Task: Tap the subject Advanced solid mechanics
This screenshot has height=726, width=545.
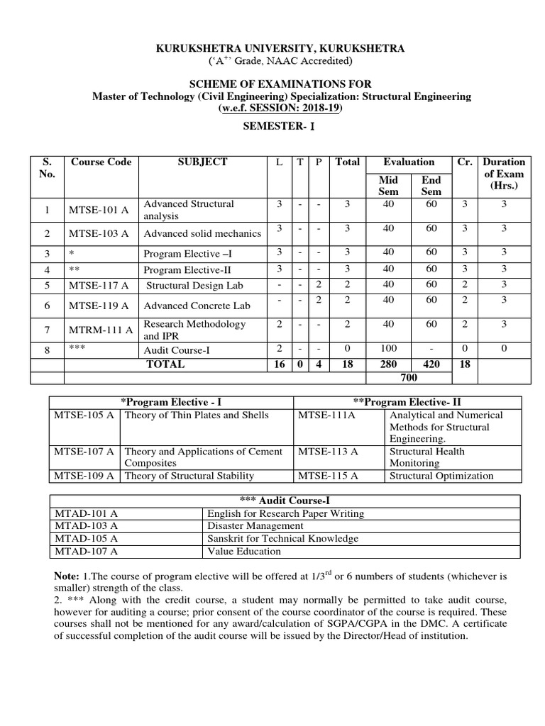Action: tap(193, 234)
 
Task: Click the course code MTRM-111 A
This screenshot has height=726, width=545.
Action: tap(99, 330)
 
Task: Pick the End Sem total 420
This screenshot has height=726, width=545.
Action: tap(431, 364)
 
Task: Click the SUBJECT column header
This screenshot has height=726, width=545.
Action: tap(202, 162)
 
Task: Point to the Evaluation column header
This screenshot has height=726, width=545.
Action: tap(409, 162)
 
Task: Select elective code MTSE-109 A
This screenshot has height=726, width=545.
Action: tap(84, 476)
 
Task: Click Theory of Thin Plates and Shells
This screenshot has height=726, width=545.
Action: tap(197, 415)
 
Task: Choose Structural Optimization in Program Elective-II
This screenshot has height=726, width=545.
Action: tap(441, 476)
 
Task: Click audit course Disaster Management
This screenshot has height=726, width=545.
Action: tap(255, 526)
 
